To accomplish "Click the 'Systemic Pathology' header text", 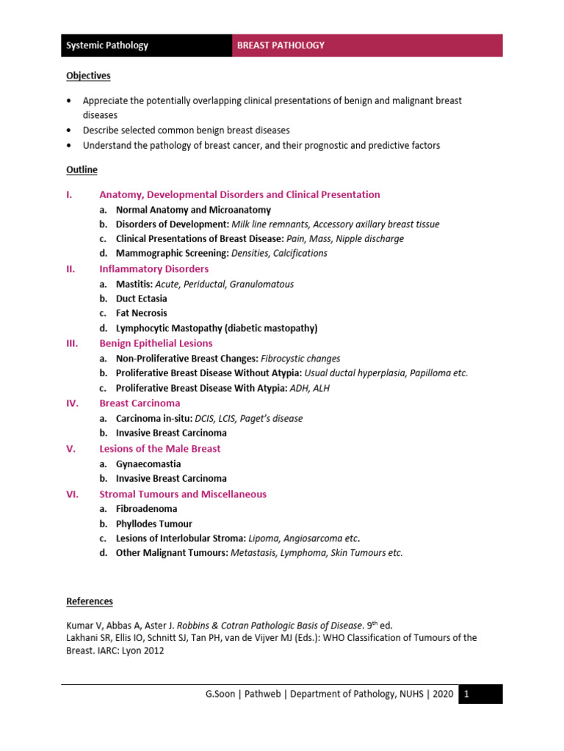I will click(x=107, y=45).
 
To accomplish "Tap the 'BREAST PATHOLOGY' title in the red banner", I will click(x=281, y=45).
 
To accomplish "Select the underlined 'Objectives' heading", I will click(x=88, y=76).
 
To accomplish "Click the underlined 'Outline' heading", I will click(x=82, y=170).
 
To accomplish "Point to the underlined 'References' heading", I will click(x=90, y=601).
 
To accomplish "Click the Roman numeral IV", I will click(x=72, y=403).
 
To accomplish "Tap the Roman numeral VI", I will click(x=72, y=494).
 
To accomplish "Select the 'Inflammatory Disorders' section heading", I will click(x=153, y=269).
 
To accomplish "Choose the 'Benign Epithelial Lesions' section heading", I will click(x=156, y=343).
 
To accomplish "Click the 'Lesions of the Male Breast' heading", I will click(x=159, y=449).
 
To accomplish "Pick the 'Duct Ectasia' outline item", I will click(x=141, y=298).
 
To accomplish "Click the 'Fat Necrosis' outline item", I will click(x=141, y=313).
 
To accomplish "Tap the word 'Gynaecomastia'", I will click(x=148, y=464).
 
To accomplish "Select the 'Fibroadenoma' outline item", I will click(x=146, y=509).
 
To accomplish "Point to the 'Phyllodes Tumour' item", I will click(x=153, y=524).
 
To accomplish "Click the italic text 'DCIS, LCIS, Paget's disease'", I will click(x=248, y=418).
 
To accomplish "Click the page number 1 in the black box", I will click(x=468, y=695).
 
